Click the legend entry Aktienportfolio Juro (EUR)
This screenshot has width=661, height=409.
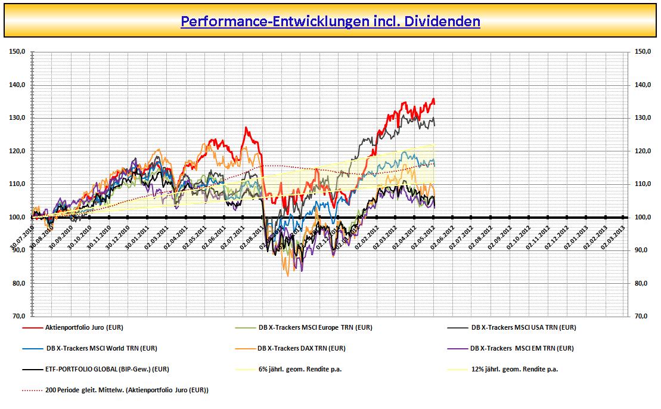tap(84, 327)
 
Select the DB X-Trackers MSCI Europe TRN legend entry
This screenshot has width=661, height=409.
tap(315, 327)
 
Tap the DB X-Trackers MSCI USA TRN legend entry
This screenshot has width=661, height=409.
tap(523, 327)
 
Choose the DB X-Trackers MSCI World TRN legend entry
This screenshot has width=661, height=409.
tap(101, 348)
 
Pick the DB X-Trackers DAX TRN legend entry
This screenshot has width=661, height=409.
tap(301, 348)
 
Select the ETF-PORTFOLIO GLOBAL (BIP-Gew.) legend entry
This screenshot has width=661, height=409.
tap(107, 369)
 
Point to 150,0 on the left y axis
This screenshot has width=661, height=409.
tap(17, 52)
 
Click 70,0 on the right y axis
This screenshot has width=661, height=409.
tap(643, 317)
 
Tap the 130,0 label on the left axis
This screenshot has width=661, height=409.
tap(17, 118)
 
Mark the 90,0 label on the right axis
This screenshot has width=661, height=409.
tap(643, 250)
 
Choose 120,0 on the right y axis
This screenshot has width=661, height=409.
tap(643, 151)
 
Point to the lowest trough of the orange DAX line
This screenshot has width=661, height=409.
tap(288, 275)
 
